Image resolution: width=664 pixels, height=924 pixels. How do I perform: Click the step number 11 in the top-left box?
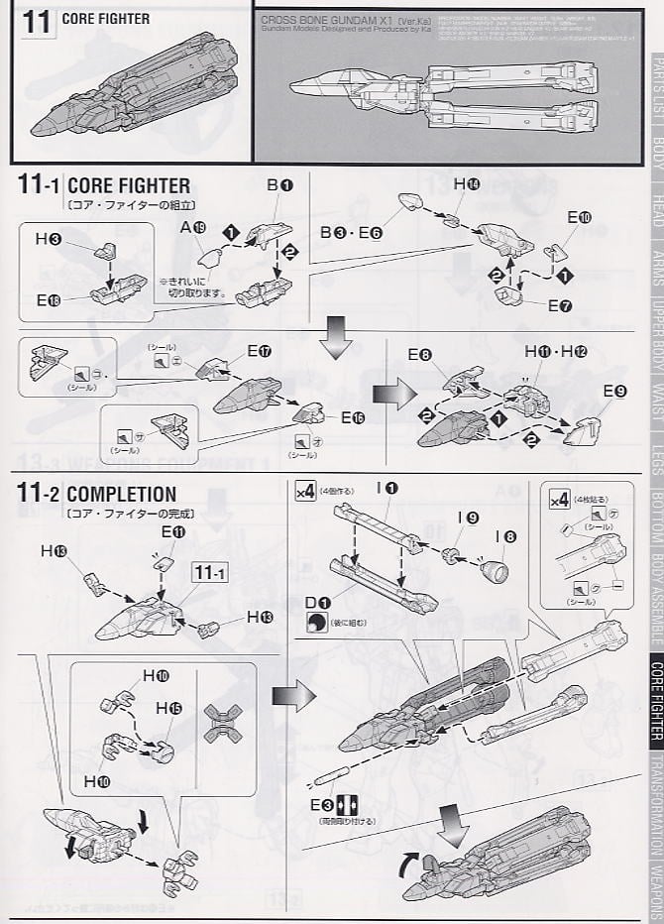click(x=35, y=23)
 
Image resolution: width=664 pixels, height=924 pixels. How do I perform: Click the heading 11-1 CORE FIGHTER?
click(x=104, y=185)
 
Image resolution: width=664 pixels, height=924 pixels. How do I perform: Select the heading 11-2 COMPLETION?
click(x=97, y=494)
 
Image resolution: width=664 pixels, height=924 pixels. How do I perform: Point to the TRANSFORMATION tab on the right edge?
click(x=654, y=806)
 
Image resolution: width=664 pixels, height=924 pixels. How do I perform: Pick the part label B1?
click(x=279, y=185)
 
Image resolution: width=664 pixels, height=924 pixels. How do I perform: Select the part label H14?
click(x=466, y=185)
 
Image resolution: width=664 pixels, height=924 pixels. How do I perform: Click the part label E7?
click(x=560, y=306)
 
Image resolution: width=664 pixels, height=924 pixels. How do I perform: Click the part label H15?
click(x=168, y=709)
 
